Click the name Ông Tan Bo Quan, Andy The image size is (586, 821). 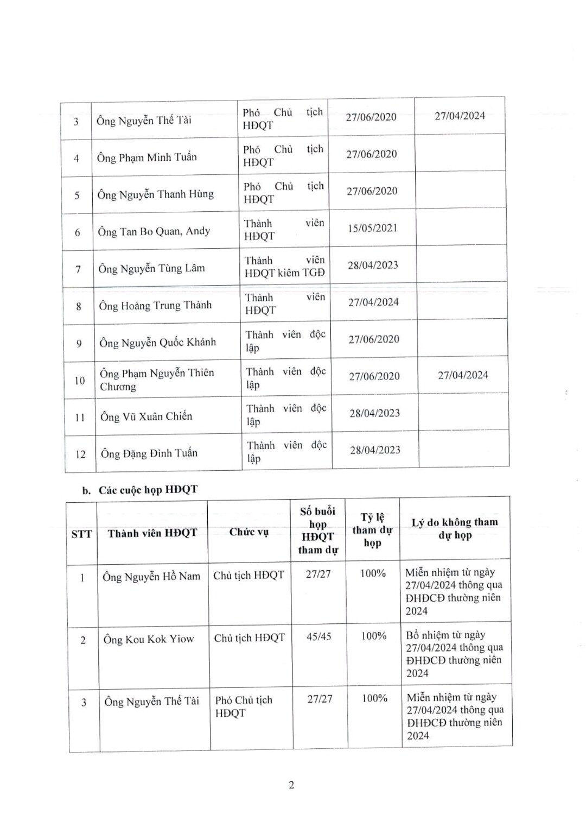click(x=154, y=231)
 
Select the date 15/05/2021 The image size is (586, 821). click(x=373, y=228)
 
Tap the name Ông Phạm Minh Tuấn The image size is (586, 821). click(x=146, y=157)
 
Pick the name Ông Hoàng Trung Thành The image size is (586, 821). click(x=155, y=306)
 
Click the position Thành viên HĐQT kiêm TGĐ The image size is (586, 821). click(x=285, y=267)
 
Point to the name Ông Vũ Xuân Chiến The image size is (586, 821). click(x=146, y=416)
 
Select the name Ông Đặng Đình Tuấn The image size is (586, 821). click(x=149, y=453)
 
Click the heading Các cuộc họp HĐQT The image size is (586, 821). click(x=148, y=490)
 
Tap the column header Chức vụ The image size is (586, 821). click(x=249, y=532)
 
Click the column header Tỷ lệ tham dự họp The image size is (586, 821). click(x=372, y=530)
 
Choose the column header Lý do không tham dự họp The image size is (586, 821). click(x=455, y=529)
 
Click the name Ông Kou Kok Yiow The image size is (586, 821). click(x=149, y=639)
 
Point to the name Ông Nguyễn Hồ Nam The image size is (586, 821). click(x=151, y=577)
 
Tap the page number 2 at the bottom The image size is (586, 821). click(x=291, y=785)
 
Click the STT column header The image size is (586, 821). click(x=82, y=534)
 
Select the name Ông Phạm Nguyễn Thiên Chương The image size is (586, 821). click(x=157, y=380)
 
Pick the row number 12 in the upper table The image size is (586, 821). click(x=80, y=454)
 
